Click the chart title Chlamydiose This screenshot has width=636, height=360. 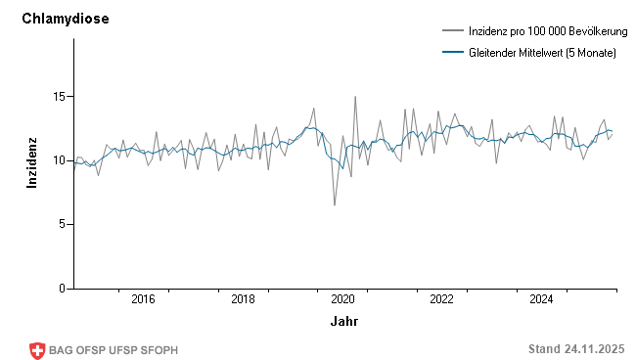pyautogui.click(x=66, y=19)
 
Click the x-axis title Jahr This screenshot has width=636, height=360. pyautogui.click(x=343, y=321)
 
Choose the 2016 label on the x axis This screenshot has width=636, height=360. pyautogui.click(x=143, y=299)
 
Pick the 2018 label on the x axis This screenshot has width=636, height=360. pyautogui.click(x=244, y=299)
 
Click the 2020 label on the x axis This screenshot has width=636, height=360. pyautogui.click(x=343, y=299)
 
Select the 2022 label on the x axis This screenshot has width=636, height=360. pyautogui.click(x=442, y=299)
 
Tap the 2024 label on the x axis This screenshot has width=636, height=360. pyautogui.click(x=542, y=299)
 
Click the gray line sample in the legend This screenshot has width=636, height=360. pyautogui.click(x=452, y=32)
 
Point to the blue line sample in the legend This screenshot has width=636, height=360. pyautogui.click(x=452, y=53)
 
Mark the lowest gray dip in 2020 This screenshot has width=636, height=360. pyautogui.click(x=334, y=205)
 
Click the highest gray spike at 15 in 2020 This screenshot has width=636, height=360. pyautogui.click(x=355, y=97)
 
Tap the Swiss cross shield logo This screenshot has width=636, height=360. pyautogui.click(x=38, y=350)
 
